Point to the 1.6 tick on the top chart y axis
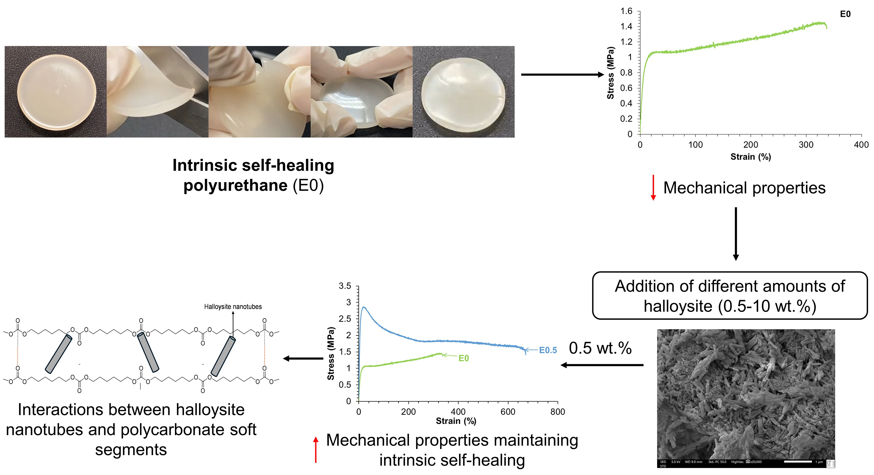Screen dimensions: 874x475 click(626, 12)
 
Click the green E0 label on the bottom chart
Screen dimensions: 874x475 click(463, 358)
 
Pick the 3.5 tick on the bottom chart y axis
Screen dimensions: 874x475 click(345, 286)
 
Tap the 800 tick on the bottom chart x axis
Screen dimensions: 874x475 click(557, 412)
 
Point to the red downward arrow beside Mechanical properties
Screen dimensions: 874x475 click(653, 187)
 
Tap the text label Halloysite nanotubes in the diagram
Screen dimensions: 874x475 click(233, 307)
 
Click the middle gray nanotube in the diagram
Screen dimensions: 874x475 click(148, 352)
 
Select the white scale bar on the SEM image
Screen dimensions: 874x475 click(798, 462)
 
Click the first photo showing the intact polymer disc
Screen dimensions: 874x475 click(56, 92)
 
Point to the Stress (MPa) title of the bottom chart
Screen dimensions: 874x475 click(330, 353)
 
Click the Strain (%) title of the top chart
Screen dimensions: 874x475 click(750, 157)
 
